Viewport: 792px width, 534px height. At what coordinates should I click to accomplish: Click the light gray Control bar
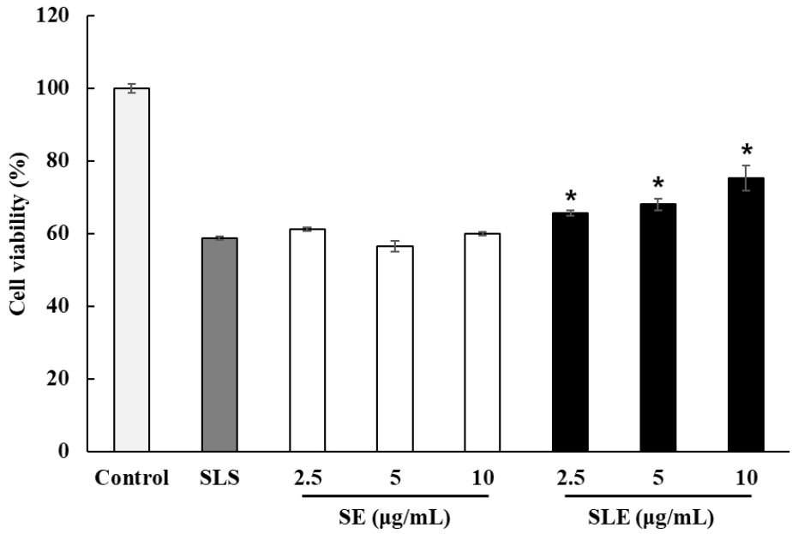coord(131,269)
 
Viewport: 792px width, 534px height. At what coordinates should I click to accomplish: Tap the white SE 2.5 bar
coord(307,340)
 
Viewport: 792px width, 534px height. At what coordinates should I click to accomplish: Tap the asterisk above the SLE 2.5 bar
coord(570,197)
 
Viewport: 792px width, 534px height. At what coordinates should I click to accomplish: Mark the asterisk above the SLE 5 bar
coord(657,183)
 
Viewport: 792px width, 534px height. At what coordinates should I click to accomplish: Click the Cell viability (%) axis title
coord(17,233)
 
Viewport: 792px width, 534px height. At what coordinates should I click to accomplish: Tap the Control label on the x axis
coord(132,478)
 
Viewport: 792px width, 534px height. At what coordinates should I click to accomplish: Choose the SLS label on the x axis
coord(219,478)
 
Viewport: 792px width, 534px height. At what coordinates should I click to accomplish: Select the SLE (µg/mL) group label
coord(657,518)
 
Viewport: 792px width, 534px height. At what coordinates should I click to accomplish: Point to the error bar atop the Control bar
coord(131,87)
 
